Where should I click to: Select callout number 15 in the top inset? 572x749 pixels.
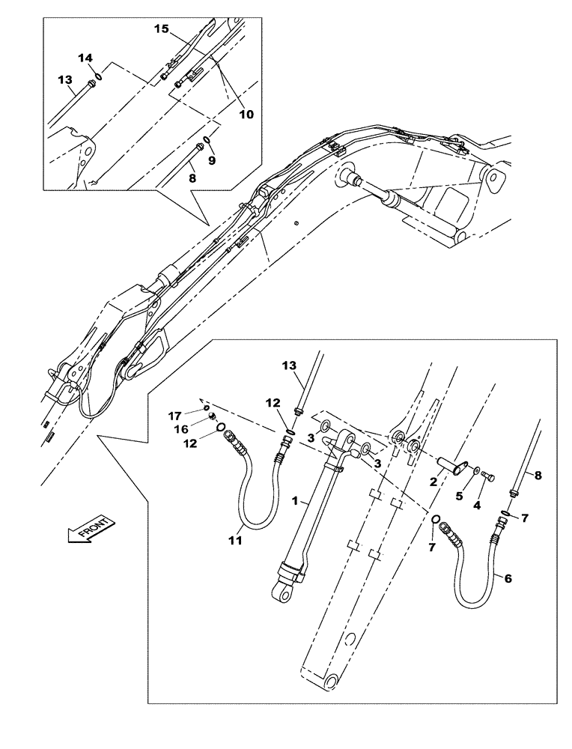tap(161, 28)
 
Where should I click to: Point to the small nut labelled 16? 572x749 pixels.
tap(212, 416)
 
